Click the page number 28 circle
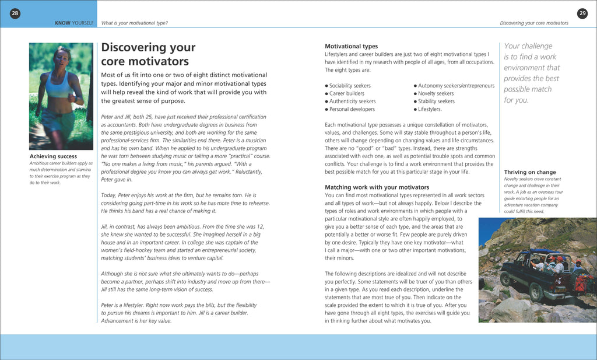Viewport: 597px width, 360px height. click(15, 13)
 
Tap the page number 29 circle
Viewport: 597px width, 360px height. click(582, 13)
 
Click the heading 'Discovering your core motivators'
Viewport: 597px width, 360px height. click(148, 54)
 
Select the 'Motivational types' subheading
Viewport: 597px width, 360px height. click(351, 46)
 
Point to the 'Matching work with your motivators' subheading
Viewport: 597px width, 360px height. click(377, 187)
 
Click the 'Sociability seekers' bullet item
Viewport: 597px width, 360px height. click(350, 86)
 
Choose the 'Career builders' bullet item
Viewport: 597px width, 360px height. click(347, 93)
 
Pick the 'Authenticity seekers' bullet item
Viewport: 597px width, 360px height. click(352, 102)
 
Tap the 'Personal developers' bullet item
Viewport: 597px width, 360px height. click(352, 109)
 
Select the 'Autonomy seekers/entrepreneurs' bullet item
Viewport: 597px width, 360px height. click(456, 86)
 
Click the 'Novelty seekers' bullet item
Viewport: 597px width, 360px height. click(436, 93)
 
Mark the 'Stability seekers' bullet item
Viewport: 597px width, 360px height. click(436, 102)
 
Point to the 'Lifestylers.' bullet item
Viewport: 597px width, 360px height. click(430, 109)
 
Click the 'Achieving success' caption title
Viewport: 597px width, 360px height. click(53, 156)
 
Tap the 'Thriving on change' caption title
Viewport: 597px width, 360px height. click(530, 172)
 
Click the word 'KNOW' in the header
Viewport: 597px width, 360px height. click(62, 23)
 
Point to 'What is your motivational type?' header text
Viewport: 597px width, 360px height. click(135, 23)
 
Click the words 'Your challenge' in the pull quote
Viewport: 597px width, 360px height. click(528, 46)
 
